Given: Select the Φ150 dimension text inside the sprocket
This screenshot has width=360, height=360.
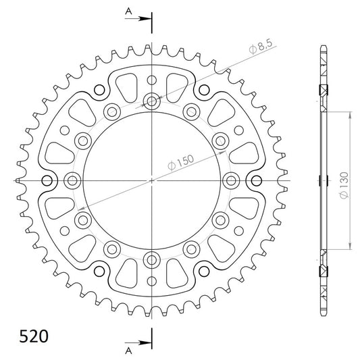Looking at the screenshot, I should (184, 162).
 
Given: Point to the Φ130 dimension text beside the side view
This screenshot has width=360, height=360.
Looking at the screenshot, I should (344, 181).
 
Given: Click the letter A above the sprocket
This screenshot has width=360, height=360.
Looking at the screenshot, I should (128, 11).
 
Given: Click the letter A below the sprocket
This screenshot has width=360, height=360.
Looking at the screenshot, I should (128, 350).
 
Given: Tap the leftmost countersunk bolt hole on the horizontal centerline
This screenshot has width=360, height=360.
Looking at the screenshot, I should (72, 180).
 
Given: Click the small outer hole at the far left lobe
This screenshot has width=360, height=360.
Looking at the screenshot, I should (47, 180).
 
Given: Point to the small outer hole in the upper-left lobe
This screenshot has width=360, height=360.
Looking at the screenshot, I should (99, 90).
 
